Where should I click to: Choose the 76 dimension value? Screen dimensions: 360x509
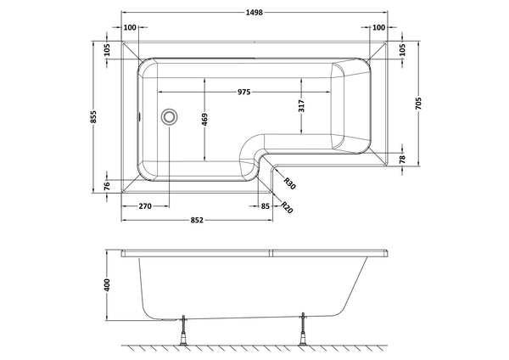click(107, 186)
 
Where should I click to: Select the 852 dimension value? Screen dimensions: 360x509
click(197, 221)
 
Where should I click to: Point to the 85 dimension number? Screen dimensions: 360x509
click(266, 205)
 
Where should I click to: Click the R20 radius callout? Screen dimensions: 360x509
click(288, 206)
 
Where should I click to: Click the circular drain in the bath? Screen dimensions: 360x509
click(170, 115)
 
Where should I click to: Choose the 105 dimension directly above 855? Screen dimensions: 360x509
click(107, 51)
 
